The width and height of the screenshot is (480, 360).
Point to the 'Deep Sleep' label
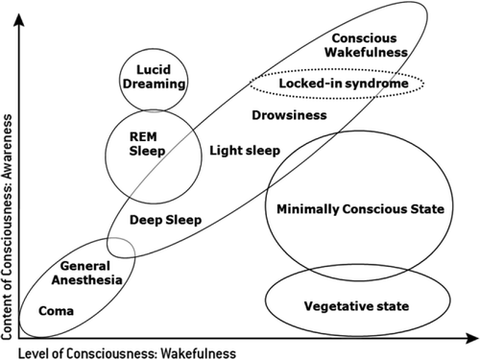[x=166, y=220]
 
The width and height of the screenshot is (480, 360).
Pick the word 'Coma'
[x=58, y=311]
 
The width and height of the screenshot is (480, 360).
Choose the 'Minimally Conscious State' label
[x=356, y=208]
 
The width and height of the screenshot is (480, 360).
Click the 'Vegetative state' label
[x=356, y=306]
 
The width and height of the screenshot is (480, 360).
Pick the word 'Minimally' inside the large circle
[x=307, y=208]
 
